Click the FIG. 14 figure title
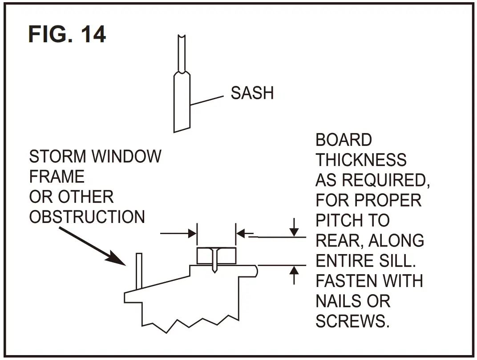(67, 34)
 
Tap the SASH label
(252, 93)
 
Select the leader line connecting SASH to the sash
(206, 100)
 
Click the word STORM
(58, 157)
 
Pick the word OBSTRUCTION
(87, 217)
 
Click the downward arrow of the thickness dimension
(294, 230)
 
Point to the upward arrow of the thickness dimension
(294, 273)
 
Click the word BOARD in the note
(344, 140)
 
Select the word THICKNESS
(361, 160)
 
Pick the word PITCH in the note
(340, 221)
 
